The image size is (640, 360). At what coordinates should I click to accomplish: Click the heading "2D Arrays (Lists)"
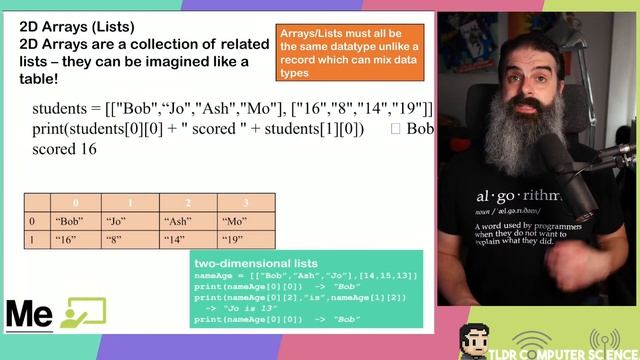[77, 26]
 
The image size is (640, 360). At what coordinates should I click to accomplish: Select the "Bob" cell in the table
[69, 221]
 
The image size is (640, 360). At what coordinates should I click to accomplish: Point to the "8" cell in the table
[114, 240]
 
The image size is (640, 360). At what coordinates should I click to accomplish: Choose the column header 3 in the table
[247, 202]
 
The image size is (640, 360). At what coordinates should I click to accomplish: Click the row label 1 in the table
[33, 240]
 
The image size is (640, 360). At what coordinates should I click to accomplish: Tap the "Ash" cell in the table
[177, 221]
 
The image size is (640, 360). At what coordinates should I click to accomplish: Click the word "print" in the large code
[51, 129]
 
